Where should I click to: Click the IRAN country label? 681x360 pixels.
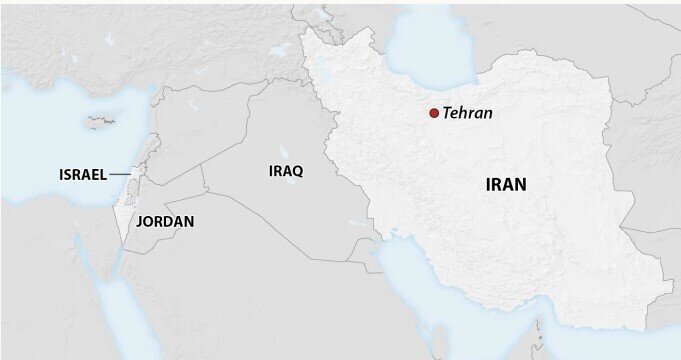point(506,184)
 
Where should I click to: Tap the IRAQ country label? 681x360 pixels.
point(286,171)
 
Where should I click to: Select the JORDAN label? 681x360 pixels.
point(165,221)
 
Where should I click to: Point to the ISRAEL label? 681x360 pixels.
point(82,175)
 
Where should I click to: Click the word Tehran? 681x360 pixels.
point(468,113)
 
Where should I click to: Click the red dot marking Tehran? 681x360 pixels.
point(433,113)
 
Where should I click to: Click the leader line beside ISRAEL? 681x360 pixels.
point(120,175)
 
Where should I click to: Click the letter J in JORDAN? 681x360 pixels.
point(140,221)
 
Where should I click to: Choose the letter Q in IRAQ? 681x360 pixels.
point(298,171)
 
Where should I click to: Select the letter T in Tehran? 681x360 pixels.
point(447,113)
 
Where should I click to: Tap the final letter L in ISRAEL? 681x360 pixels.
point(103,175)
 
